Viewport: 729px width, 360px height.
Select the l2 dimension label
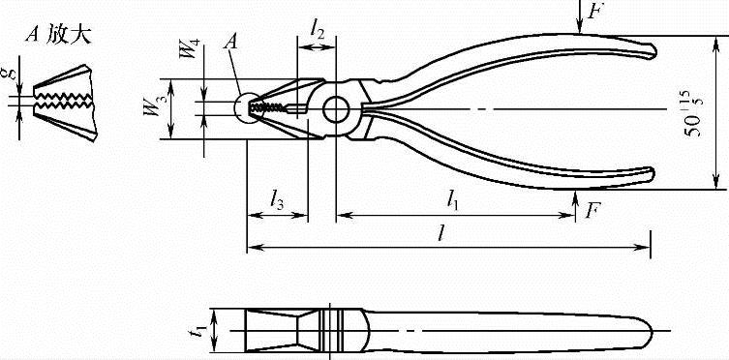click(318, 30)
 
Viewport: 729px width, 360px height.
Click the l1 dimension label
click(452, 199)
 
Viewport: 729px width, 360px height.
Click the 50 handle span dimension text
click(694, 119)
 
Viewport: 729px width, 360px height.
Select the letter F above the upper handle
click(593, 11)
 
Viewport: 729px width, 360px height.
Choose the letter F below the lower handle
click(592, 210)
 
